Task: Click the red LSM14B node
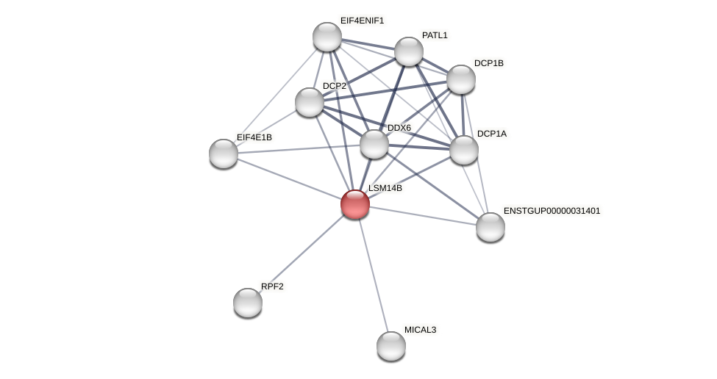pyautogui.click(x=354, y=204)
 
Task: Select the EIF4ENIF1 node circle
pyautogui.click(x=327, y=37)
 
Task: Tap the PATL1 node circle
pyautogui.click(x=409, y=51)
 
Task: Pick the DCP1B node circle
pyautogui.click(x=461, y=79)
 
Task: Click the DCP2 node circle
pyautogui.click(x=310, y=102)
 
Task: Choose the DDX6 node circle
pyautogui.click(x=374, y=144)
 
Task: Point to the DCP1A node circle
pyautogui.click(x=464, y=150)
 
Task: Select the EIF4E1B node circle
pyautogui.click(x=224, y=154)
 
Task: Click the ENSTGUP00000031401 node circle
pyautogui.click(x=491, y=227)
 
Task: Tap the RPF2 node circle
pyautogui.click(x=248, y=303)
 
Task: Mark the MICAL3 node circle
pyautogui.click(x=391, y=346)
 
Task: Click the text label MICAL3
pyautogui.click(x=420, y=330)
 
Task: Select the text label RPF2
pyautogui.click(x=272, y=286)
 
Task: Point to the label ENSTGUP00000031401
pyautogui.click(x=552, y=211)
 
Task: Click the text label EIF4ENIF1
pyautogui.click(x=362, y=21)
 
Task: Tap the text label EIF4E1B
pyautogui.click(x=254, y=137)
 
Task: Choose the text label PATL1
pyautogui.click(x=435, y=35)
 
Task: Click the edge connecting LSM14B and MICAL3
pyautogui.click(x=373, y=275)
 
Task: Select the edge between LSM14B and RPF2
pyautogui.click(x=302, y=253)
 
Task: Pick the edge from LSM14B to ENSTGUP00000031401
pyautogui.click(x=423, y=216)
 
